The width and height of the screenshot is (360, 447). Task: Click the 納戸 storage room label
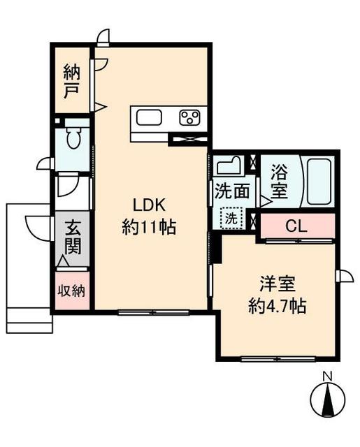tap(71, 81)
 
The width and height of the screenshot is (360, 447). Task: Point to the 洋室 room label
tap(278, 284)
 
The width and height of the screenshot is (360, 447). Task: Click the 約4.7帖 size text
tap(278, 306)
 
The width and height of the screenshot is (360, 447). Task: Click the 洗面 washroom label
tap(231, 189)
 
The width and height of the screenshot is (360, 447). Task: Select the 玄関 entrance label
tap(73, 237)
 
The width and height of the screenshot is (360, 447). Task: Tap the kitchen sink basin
tap(150, 117)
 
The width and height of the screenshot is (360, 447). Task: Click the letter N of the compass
tap(326, 377)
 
